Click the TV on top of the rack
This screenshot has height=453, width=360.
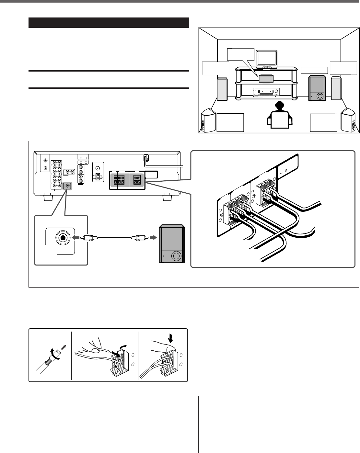pyautogui.click(x=267, y=59)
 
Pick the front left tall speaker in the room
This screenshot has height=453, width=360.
pyautogui.click(x=222, y=89)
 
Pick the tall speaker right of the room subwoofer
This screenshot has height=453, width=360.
pyautogui.click(x=336, y=88)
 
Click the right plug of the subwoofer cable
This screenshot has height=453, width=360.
pyautogui.click(x=137, y=237)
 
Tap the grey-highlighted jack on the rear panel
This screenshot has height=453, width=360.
pyautogui.click(x=67, y=186)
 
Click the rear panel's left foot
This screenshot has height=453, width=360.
pyautogui.click(x=47, y=197)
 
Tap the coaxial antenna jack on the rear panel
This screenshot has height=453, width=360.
pyautogui.click(x=98, y=169)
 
